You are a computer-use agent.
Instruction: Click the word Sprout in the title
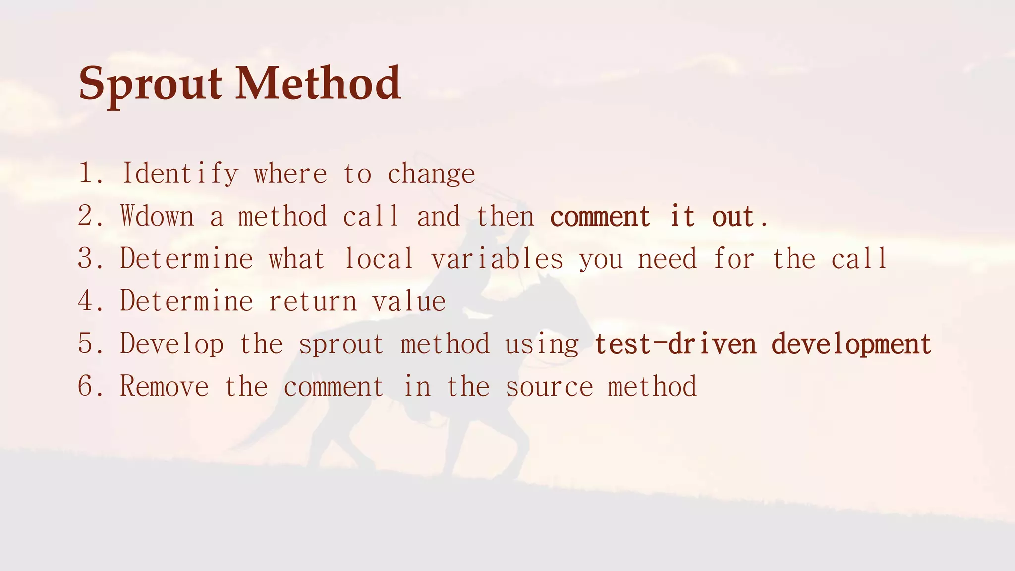(x=150, y=84)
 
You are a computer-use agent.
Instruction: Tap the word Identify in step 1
(x=180, y=174)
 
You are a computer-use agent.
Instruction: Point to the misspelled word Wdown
(x=157, y=217)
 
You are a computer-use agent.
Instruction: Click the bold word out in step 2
(x=733, y=217)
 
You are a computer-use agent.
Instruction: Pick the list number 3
(x=86, y=259)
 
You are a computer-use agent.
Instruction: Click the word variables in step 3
(x=497, y=259)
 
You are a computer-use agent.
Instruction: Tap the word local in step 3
(x=379, y=259)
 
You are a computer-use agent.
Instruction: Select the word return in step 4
(x=312, y=301)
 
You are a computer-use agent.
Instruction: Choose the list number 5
(x=86, y=343)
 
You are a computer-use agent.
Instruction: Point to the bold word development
(x=851, y=344)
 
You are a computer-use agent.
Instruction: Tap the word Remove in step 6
(x=164, y=386)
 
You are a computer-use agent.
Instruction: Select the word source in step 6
(x=549, y=387)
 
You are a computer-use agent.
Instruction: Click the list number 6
(x=86, y=386)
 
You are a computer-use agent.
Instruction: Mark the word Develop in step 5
(x=171, y=344)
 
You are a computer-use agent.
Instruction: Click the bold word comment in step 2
(x=600, y=217)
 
